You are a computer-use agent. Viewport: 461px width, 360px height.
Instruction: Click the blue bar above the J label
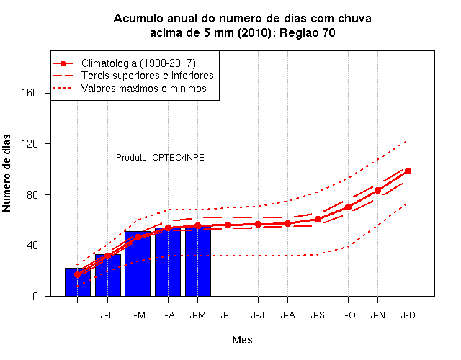pos(78,282)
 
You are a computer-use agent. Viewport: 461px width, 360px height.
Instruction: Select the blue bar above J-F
pos(108,275)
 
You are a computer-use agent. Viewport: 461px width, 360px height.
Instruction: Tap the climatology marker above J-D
pos(408,171)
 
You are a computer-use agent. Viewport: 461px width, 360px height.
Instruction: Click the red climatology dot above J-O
pos(348,207)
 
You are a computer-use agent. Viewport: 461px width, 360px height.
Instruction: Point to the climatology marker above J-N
pos(377,190)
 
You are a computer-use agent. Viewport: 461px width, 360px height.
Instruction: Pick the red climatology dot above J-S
pos(318,219)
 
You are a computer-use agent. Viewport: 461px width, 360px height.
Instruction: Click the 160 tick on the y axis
pos(30,93)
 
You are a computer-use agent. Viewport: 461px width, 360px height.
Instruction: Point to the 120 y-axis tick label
pos(30,144)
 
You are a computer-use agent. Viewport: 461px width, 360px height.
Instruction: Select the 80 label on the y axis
pos(32,194)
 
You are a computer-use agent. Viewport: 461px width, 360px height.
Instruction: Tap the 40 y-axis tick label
pos(32,246)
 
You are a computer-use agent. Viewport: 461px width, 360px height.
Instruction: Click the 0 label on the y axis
pos(35,296)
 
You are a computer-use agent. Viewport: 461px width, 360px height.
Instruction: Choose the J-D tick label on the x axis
pos(408,315)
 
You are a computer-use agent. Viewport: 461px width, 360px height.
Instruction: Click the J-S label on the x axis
pos(318,315)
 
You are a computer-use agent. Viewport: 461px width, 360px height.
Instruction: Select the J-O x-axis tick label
pos(348,315)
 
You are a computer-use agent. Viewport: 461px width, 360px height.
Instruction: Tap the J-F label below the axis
pos(107,315)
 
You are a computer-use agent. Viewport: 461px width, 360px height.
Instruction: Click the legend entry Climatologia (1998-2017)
pos(138,63)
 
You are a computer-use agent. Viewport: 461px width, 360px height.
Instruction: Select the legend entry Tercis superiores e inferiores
pos(147,76)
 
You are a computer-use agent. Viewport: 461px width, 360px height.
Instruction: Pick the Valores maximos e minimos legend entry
pos(144,88)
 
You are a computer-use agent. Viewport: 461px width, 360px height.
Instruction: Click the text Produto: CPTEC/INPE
pos(160,158)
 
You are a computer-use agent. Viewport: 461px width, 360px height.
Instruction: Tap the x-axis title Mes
pos(242,340)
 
